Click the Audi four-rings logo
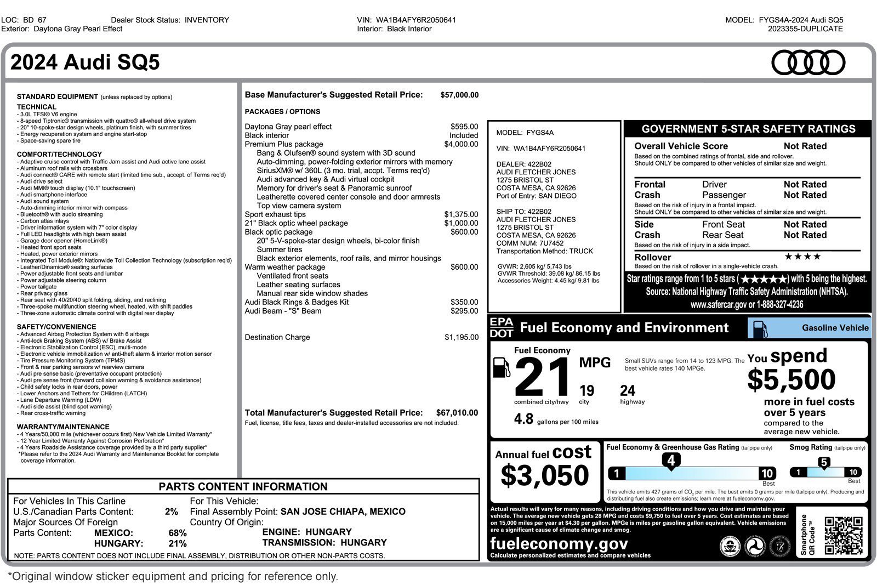[x=808, y=63]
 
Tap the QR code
[x=843, y=535]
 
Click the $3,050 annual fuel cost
[x=544, y=475]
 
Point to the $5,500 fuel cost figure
[x=791, y=379]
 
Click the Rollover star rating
[x=802, y=257]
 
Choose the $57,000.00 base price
[x=459, y=95]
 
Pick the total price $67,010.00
[x=457, y=413]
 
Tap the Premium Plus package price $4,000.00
[x=461, y=144]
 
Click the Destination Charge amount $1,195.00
[x=462, y=337]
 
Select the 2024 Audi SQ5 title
[x=85, y=63]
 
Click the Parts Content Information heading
[x=243, y=486]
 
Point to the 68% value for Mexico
[x=178, y=533]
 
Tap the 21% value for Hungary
[x=178, y=543]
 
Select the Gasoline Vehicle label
[x=835, y=328]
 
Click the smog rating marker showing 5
[x=824, y=463]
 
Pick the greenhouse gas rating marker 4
[x=671, y=461]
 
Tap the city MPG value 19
[x=586, y=391]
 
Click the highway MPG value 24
[x=628, y=391]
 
